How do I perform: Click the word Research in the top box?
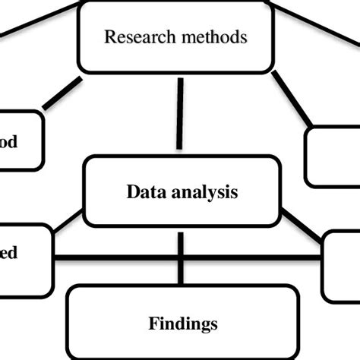coord(131,36)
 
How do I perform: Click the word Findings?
coord(182,324)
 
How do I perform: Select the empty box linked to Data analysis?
coord(342,266)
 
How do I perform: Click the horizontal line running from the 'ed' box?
coord(114,257)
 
